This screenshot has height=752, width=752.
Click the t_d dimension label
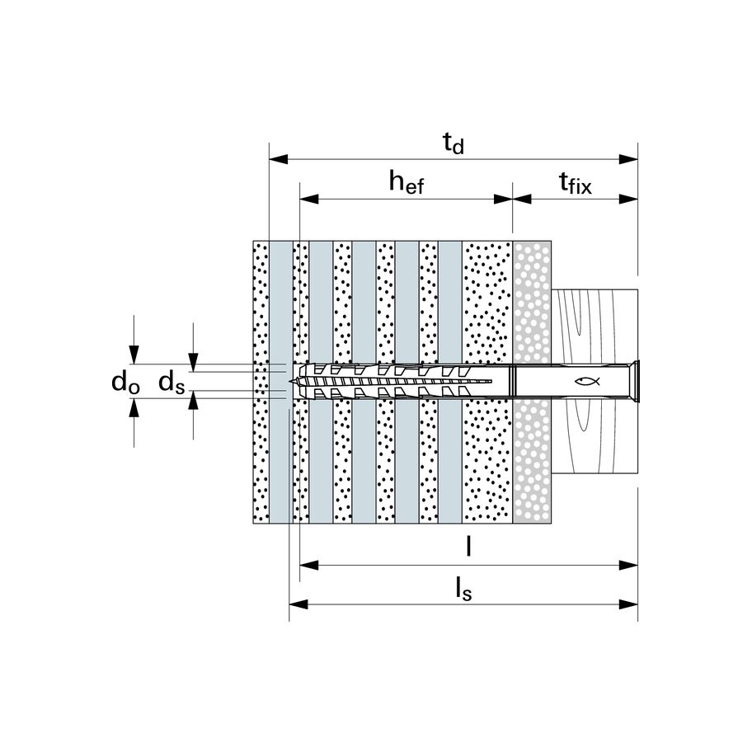pos(454,143)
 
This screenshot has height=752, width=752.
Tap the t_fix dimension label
pos(575,183)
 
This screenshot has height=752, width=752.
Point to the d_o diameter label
pos(125,383)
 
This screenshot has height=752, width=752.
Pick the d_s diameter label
pos(172,383)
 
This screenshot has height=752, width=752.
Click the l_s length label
pos(463,589)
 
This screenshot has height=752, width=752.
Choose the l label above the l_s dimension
pos(468,546)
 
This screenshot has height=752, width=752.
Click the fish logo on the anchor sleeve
pos(587,381)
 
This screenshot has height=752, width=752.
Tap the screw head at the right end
pos(636,381)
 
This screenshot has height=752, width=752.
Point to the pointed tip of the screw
pos(290,381)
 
